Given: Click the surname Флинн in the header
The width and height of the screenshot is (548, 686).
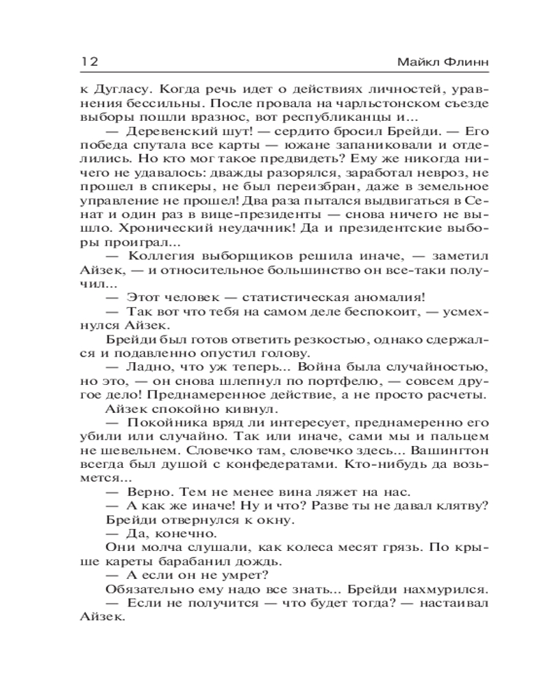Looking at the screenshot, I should (x=459, y=62).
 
